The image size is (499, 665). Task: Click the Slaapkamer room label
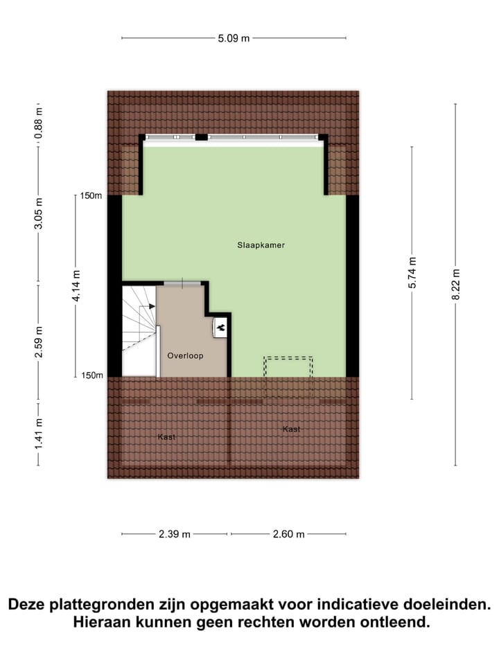261,245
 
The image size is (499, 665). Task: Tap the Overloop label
185,355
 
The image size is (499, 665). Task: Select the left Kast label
166,437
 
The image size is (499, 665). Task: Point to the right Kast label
291,429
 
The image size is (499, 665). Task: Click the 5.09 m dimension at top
234,38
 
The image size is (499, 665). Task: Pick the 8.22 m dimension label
455,284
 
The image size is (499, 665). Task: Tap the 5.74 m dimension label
412,273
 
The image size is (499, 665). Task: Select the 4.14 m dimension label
76,285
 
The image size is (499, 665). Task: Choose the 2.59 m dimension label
39,342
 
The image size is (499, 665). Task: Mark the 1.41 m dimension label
39,431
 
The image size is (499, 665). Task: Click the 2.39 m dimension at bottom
175,534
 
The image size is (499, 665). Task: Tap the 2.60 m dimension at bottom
289,534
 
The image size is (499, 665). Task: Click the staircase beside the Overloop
139,329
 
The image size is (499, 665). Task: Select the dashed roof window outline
288,378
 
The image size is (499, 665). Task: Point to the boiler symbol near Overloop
221,326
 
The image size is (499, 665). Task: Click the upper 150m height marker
91,196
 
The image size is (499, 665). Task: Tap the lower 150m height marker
91,375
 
